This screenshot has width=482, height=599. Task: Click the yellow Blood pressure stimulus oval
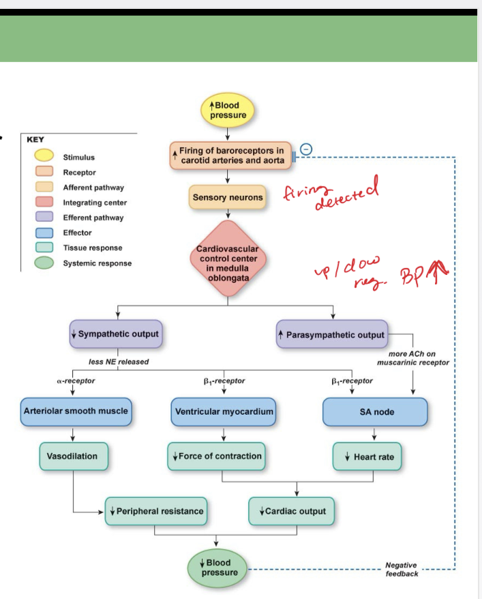(228, 111)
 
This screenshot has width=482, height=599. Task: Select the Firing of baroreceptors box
(231, 155)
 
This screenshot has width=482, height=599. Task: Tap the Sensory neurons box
(227, 197)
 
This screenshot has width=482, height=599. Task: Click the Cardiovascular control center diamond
(228, 259)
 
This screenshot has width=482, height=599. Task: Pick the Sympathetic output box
(115, 334)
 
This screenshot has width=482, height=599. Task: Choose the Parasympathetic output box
(332, 335)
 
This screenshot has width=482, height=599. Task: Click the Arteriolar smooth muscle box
(75, 411)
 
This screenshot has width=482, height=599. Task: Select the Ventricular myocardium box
(224, 412)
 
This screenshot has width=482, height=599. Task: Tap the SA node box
(374, 412)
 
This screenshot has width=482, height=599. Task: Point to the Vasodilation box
(72, 456)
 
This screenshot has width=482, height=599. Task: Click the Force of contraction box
(216, 456)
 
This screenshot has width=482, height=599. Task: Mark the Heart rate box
(367, 456)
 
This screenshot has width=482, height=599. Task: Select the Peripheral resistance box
(155, 511)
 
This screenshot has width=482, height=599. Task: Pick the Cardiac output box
(292, 511)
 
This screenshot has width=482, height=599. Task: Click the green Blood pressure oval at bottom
(217, 568)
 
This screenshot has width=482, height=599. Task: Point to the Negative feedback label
(402, 570)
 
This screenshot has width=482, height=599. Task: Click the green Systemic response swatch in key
(45, 263)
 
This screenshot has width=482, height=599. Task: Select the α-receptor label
(76, 381)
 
